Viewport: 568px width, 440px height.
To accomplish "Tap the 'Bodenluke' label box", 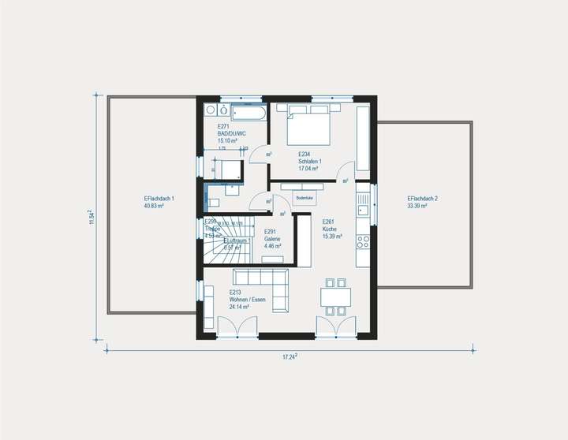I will pos(304,198).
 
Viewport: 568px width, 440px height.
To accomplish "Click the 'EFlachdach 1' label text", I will pos(154,198).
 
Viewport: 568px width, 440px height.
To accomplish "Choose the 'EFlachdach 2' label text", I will pos(417,198).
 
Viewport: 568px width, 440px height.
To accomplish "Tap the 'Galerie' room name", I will pos(272,239).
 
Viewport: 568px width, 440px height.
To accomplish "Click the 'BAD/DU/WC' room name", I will pos(231,133).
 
